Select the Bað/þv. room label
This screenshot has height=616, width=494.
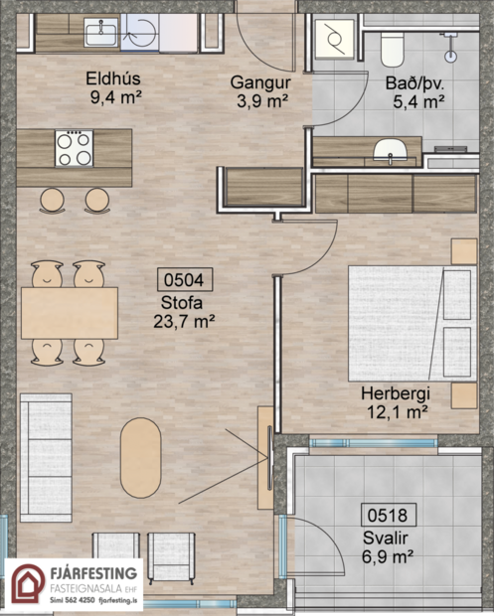click(413, 91)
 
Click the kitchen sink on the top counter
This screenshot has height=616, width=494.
click(102, 33)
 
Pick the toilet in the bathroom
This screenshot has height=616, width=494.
click(392, 45)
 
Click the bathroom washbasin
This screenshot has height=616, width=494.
click(389, 151)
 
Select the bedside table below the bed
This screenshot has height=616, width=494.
click(463, 394)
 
